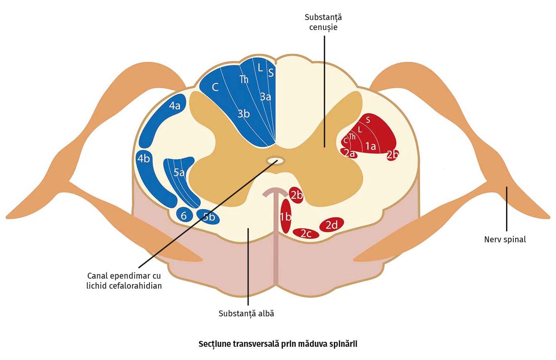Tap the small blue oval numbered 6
tap(184, 215)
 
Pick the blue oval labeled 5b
tap(208, 217)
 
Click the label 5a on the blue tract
tap(179, 173)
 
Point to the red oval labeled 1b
tap(285, 216)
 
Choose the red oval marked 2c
tap(306, 234)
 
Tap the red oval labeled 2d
tap(332, 225)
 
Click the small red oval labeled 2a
tap(349, 154)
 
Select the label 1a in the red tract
tap(371, 146)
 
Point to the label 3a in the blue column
tap(265, 96)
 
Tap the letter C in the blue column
tap(215, 87)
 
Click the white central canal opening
tap(275, 160)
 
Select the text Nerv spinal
tap(505, 240)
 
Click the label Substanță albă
tap(246, 314)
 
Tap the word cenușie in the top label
tap(323, 27)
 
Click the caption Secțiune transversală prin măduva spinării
tap(278, 344)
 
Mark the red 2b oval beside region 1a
tap(393, 155)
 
